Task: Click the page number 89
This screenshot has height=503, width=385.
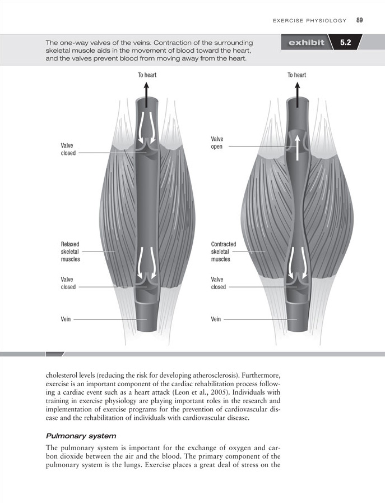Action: [359, 21]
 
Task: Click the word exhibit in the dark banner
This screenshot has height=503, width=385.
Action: [306, 43]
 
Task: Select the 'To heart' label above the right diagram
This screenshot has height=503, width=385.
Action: [296, 75]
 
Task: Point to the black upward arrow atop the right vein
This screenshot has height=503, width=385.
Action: [296, 92]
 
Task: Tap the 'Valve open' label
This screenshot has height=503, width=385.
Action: [217, 143]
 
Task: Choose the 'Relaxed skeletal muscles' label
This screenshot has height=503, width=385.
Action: [70, 252]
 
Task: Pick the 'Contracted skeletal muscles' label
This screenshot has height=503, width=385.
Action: [223, 252]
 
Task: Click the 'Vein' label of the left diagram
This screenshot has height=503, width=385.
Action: [66, 319]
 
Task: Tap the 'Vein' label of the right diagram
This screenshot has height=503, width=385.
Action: [216, 319]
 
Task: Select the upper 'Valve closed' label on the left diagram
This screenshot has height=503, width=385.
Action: [68, 149]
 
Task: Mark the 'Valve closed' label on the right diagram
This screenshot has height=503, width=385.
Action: [218, 283]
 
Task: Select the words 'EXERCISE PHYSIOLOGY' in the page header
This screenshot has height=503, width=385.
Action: [309, 21]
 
